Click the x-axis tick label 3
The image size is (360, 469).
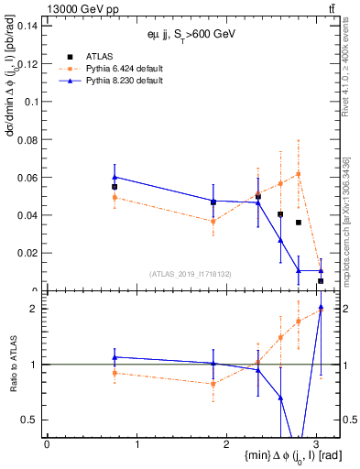[x=316, y=443]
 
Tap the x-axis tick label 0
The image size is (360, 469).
[x=47, y=443]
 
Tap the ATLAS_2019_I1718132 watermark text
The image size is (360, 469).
[x=191, y=273]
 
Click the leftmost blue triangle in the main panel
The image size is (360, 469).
[x=115, y=177]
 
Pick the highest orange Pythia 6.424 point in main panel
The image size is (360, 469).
[x=299, y=174]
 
